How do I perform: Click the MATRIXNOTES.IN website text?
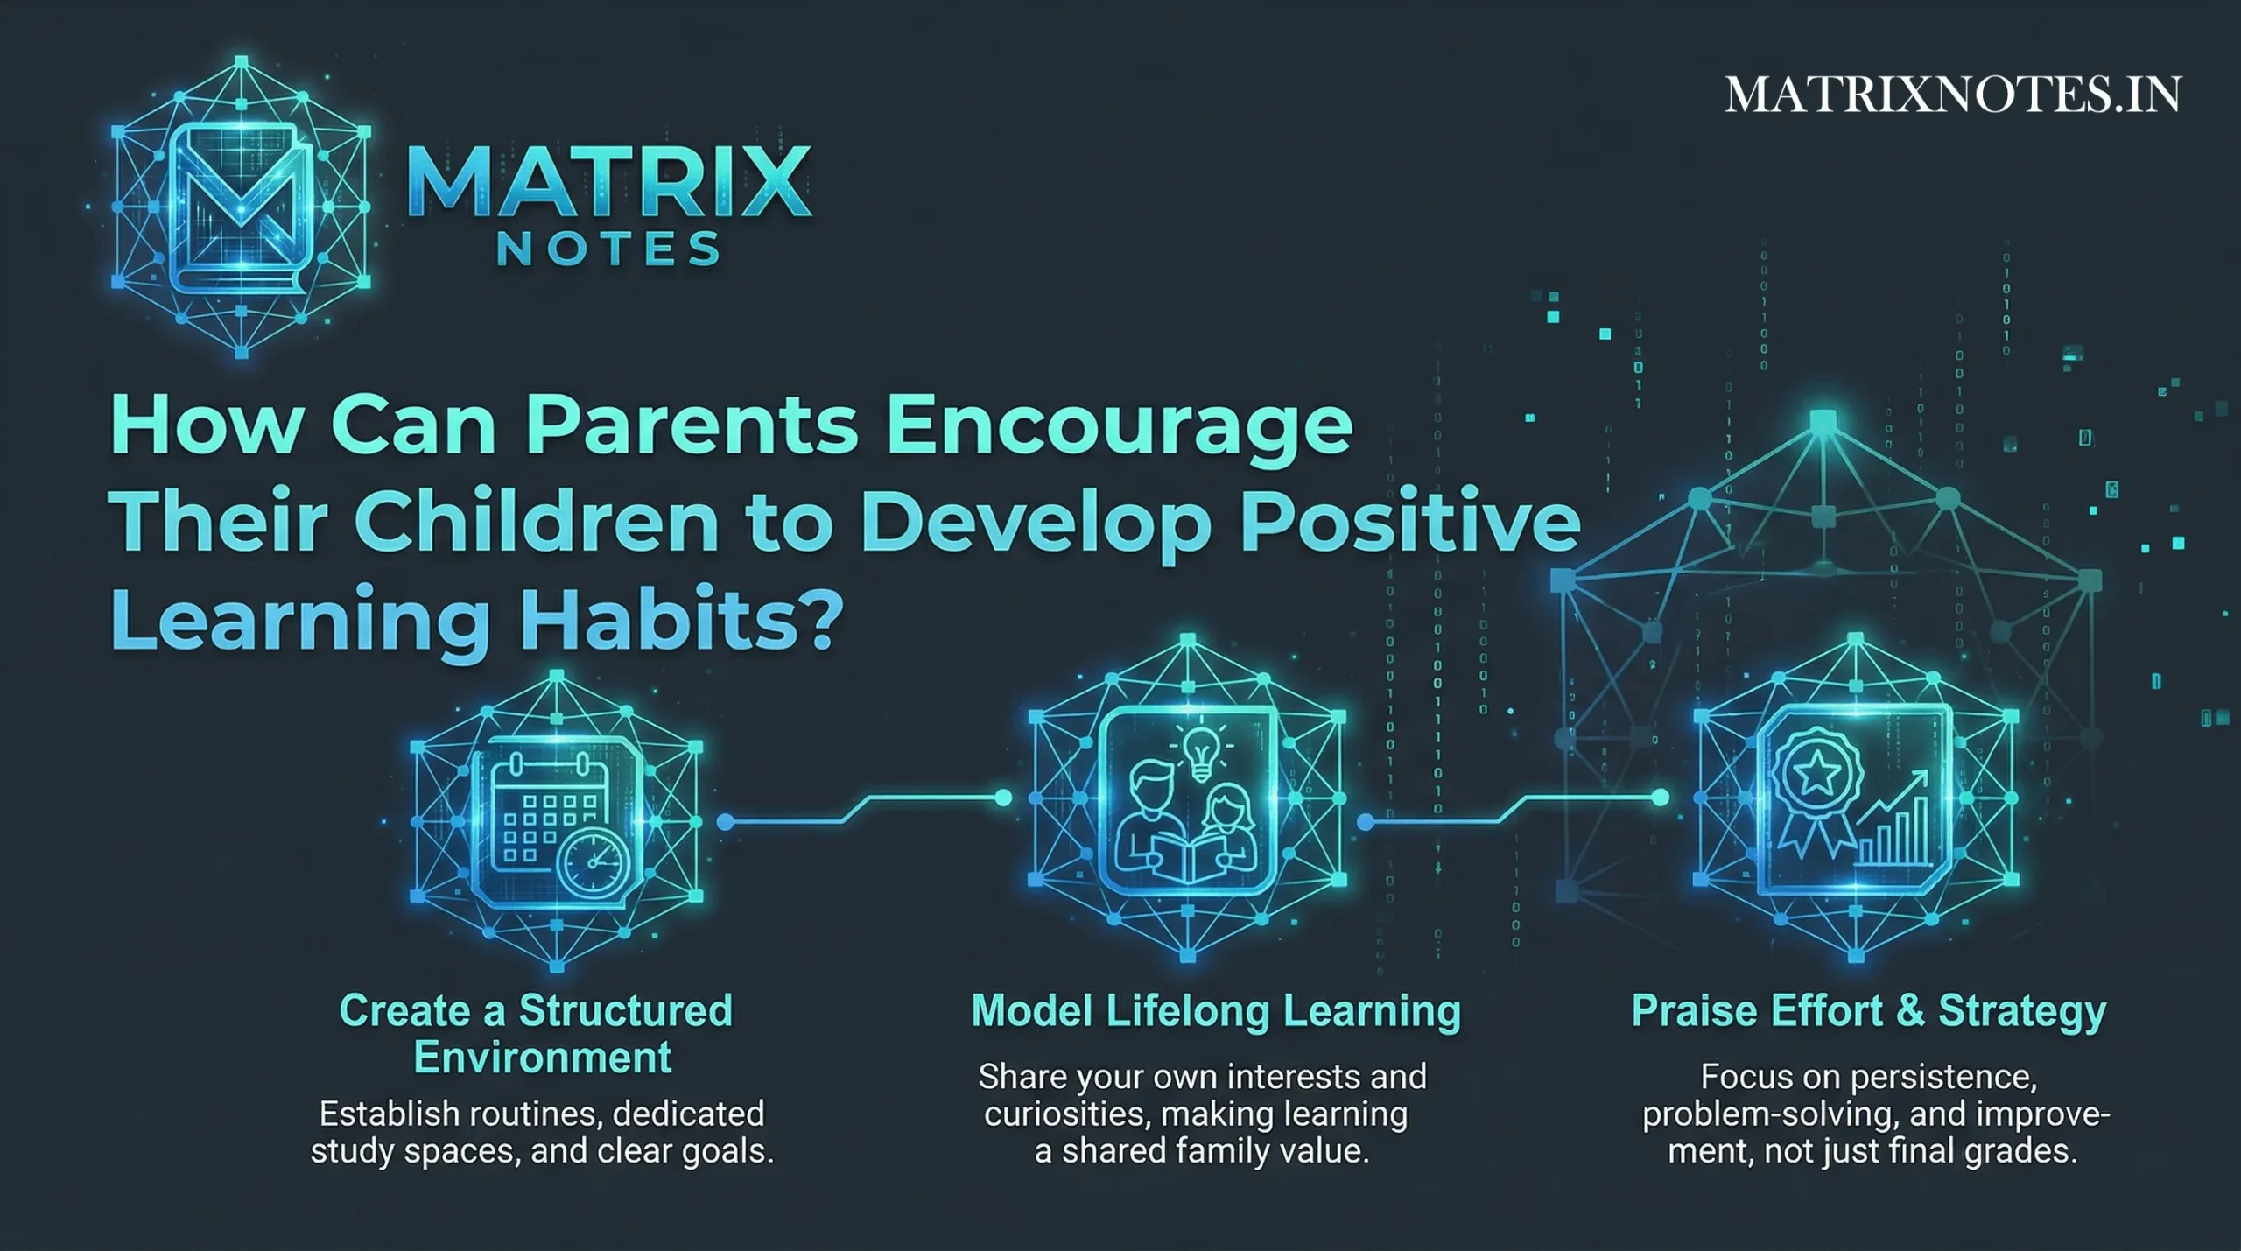pyautogui.click(x=1952, y=95)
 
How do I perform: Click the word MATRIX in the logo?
pyautogui.click(x=609, y=183)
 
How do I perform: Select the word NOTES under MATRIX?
pyautogui.click(x=609, y=250)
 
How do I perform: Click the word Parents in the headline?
pyautogui.click(x=692, y=426)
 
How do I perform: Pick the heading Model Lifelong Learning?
pyautogui.click(x=1216, y=1011)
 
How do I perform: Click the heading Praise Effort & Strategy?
pyautogui.click(x=1869, y=1011)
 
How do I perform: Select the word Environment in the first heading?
pyautogui.click(x=543, y=1058)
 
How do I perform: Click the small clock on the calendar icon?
pyautogui.click(x=594, y=863)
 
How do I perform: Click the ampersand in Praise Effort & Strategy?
pyautogui.click(x=1910, y=1011)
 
